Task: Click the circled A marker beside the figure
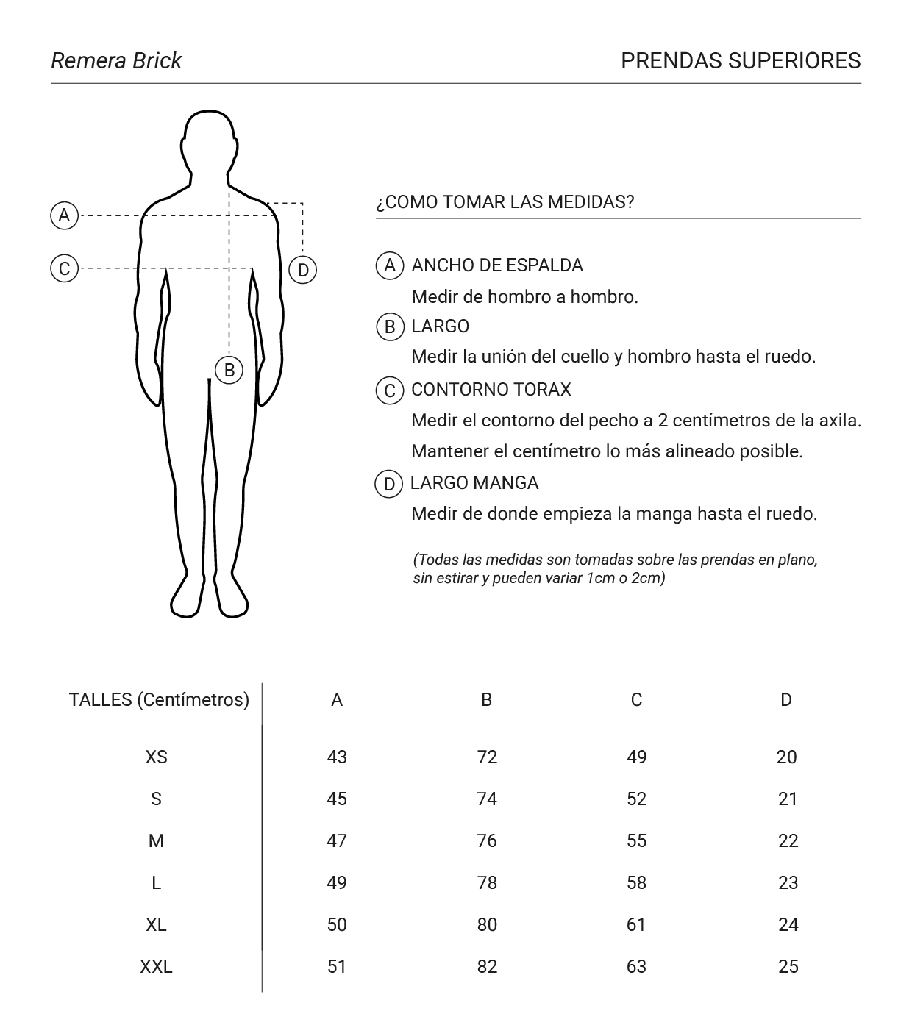click(65, 215)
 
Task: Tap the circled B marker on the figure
click(229, 370)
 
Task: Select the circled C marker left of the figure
click(65, 268)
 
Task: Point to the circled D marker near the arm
click(302, 270)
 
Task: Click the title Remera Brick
click(116, 60)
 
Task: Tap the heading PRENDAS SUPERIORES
click(740, 60)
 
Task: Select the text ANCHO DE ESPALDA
click(497, 265)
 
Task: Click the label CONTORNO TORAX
click(491, 390)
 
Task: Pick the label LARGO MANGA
click(474, 483)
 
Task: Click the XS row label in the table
click(156, 757)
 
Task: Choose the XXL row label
click(156, 966)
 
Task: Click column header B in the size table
click(486, 700)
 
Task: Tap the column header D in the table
click(786, 700)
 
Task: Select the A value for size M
click(337, 840)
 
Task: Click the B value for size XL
click(487, 924)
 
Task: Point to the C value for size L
click(636, 882)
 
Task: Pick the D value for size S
click(788, 799)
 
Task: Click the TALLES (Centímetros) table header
click(159, 699)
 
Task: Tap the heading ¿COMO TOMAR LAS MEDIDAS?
click(505, 202)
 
